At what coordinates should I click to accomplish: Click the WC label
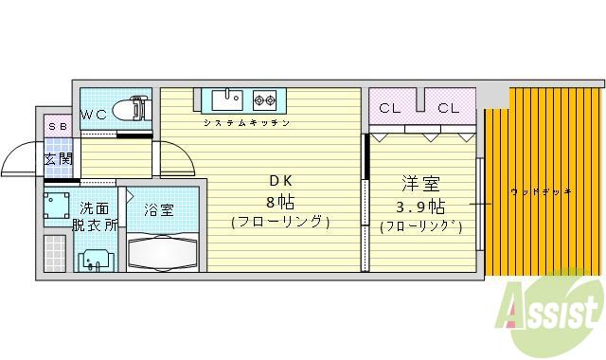[94, 115]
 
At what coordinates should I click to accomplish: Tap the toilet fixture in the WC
[132, 110]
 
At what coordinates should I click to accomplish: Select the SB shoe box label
[57, 127]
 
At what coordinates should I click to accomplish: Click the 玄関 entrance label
[58, 158]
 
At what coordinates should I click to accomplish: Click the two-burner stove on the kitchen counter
[262, 99]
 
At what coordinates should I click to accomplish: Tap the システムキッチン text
[246, 123]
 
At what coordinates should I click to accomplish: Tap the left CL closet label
[390, 108]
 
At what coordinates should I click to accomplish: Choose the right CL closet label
[448, 108]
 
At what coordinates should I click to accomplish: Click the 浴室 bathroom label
[159, 209]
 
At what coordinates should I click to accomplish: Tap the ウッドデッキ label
[541, 192]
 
